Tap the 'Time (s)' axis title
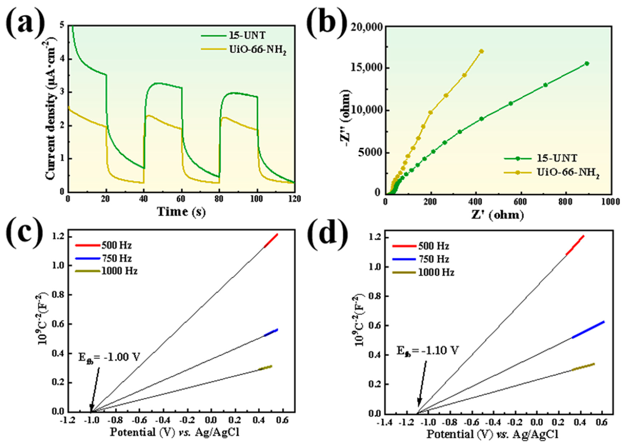pyautogui.click(x=181, y=212)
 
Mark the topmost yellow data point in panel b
pyautogui.click(x=481, y=51)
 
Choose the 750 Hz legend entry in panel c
pyautogui.click(x=116, y=258)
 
